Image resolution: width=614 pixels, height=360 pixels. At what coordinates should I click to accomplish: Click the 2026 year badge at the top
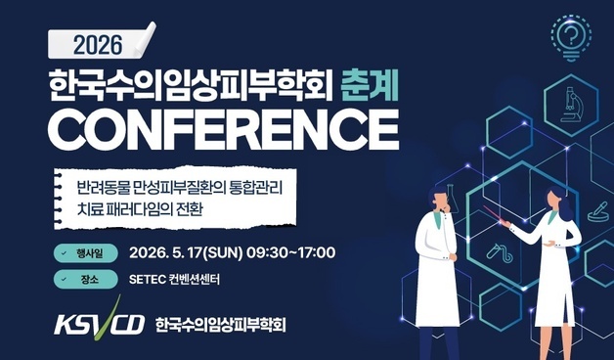pyautogui.click(x=98, y=43)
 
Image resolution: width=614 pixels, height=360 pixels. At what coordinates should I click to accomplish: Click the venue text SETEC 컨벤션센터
pyautogui.click(x=176, y=280)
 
